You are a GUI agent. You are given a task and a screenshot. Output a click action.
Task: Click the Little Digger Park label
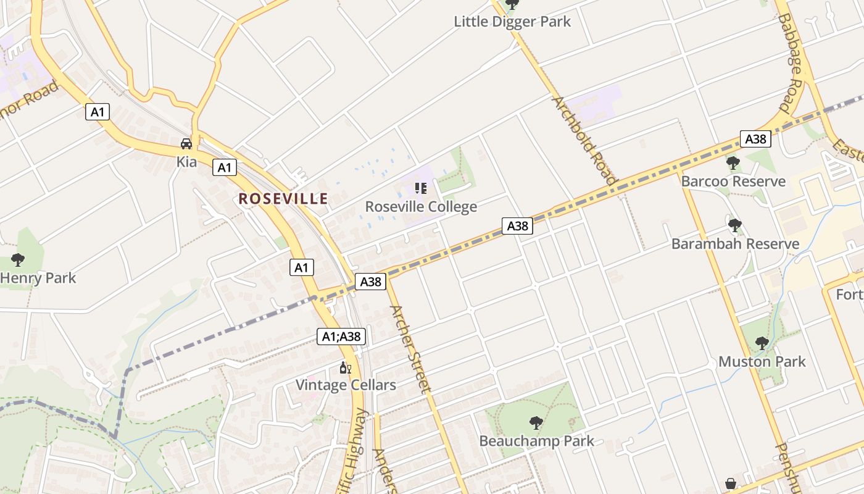click(x=512, y=22)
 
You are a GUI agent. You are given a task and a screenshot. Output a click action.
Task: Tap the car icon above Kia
click(x=186, y=144)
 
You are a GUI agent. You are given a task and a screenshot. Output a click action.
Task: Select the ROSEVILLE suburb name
click(x=283, y=199)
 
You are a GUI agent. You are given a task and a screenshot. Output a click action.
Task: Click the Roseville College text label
click(x=421, y=206)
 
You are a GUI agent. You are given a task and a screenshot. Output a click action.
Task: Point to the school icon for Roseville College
click(x=421, y=188)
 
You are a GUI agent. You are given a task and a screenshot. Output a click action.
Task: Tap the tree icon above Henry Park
click(x=18, y=259)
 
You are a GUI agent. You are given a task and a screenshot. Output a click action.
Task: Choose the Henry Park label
click(x=38, y=278)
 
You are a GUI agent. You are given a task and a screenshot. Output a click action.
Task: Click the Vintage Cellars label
click(x=346, y=385)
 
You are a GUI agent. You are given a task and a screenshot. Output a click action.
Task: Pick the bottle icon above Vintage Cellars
click(x=346, y=368)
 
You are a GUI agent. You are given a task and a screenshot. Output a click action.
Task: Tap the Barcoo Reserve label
click(x=733, y=182)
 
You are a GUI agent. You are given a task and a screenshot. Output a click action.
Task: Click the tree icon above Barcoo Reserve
click(x=733, y=163)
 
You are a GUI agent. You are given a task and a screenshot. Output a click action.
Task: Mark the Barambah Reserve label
click(x=735, y=244)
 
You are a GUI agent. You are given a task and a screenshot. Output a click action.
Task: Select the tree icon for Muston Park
click(x=762, y=343)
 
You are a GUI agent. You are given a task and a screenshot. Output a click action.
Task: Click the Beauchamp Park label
click(x=536, y=441)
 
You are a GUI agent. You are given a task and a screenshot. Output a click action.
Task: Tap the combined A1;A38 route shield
click(x=342, y=337)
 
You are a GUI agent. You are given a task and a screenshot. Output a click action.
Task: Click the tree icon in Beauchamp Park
click(x=536, y=423)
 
